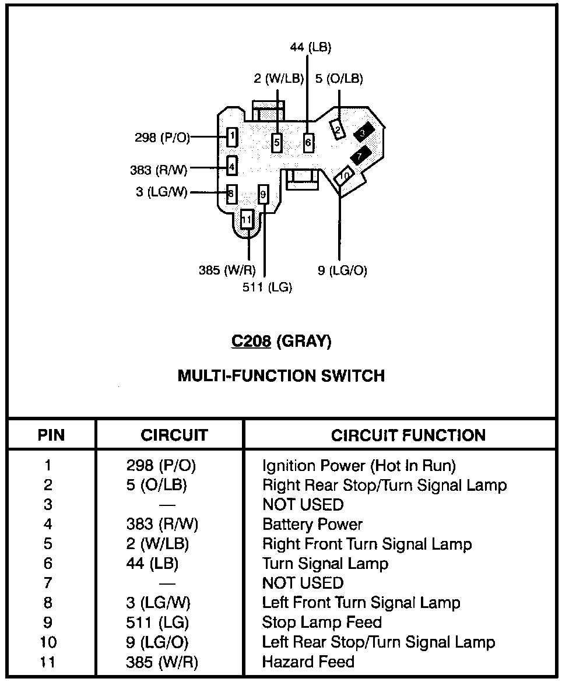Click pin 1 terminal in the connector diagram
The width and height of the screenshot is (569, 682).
pos(232,138)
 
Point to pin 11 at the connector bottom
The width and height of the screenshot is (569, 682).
pos(247,220)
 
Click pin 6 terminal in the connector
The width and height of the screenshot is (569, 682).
pos(308,142)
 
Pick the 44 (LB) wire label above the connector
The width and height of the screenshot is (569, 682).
pos(310,48)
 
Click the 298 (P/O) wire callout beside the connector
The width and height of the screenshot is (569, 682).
pos(162,138)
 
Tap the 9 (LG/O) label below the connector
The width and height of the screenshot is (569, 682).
pos(342,270)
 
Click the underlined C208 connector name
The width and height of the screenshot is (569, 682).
pos(251,341)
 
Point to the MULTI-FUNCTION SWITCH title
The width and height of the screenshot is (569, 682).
pos(281,375)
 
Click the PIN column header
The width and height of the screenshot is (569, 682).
pos(51,435)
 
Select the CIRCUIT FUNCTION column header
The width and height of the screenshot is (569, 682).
pos(408,435)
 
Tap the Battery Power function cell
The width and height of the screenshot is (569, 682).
pos(312,525)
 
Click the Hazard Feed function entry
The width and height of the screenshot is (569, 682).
pos(308,662)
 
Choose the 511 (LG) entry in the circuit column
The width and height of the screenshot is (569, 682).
pos(157,623)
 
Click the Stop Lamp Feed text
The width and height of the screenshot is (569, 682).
pos(322,623)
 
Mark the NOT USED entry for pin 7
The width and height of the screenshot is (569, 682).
pos(303,583)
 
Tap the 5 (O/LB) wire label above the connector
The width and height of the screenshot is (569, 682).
pos(339,79)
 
